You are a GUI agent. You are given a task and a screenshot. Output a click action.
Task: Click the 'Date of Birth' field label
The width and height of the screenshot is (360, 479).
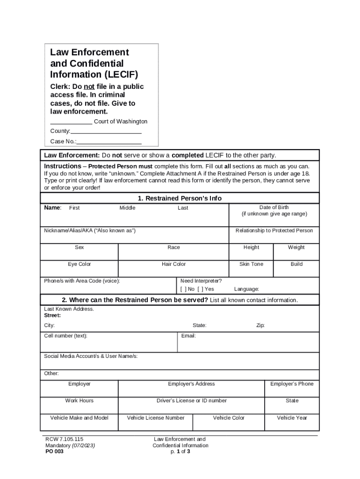274,207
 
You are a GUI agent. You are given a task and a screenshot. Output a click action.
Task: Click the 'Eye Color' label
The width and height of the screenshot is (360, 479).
79,264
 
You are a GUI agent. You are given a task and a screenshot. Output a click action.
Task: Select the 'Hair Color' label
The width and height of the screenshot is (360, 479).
173,264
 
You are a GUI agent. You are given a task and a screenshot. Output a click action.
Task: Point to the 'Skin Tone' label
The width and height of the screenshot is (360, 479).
251,264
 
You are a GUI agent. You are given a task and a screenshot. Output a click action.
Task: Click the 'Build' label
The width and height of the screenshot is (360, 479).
296,264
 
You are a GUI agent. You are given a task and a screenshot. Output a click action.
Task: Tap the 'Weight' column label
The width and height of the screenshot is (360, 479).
296,247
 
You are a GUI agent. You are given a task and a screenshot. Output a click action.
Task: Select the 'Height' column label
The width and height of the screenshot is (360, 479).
251,247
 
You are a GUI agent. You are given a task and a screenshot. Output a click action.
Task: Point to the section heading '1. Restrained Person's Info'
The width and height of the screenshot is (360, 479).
180,198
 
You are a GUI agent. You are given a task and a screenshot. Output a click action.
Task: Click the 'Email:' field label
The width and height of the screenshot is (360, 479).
188,336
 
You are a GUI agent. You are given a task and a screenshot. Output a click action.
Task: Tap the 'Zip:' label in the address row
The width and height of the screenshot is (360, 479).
260,326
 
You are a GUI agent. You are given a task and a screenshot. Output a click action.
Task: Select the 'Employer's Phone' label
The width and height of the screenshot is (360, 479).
292,384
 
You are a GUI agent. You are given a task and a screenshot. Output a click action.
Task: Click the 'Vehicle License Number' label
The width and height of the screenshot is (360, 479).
156,418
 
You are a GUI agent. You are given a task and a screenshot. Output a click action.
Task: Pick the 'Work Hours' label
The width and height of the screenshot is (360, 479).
79,401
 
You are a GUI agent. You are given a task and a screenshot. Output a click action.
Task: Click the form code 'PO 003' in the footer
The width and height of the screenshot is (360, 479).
54,452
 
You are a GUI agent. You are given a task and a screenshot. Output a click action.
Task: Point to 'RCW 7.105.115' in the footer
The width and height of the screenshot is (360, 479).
64,439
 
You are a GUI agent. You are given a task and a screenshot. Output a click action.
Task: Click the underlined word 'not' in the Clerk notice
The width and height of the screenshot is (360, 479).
89,87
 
